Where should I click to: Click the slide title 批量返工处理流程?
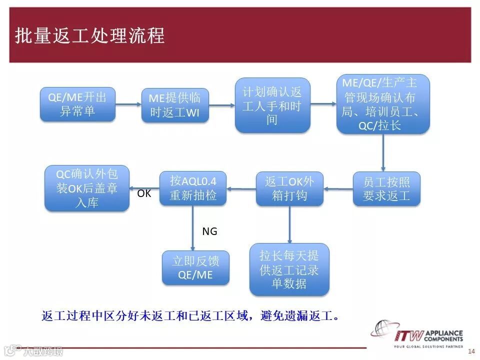90,36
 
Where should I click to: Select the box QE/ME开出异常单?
77,104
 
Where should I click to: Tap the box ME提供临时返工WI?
174,105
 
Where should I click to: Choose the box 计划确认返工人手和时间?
272,105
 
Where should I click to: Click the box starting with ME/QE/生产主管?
382,104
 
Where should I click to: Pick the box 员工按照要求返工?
386,188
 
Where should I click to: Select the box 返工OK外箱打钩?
289,188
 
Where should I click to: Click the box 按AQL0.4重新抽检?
192,188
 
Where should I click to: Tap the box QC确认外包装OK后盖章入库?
87,188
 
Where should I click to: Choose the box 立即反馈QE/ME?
195,267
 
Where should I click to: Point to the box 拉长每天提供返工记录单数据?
289,269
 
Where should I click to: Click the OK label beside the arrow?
144,193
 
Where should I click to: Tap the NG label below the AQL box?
209,231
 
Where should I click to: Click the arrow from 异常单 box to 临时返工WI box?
128,104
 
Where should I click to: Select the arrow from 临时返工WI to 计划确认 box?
221,105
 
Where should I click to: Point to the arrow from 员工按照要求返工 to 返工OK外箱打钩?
338,189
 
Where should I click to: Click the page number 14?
470,351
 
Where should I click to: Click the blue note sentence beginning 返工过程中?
190,316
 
